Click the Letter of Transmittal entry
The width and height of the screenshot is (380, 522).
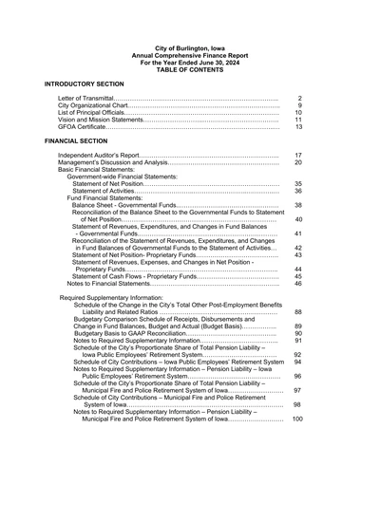click(x=91, y=99)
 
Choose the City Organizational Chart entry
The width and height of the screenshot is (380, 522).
click(x=98, y=105)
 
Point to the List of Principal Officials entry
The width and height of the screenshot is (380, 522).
click(x=99, y=112)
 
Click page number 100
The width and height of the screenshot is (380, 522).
click(x=297, y=419)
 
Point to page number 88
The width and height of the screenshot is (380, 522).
click(x=298, y=311)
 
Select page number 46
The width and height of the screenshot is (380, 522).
click(x=298, y=283)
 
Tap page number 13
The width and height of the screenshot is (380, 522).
click(x=298, y=126)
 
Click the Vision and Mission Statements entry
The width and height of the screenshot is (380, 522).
click(x=100, y=120)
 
